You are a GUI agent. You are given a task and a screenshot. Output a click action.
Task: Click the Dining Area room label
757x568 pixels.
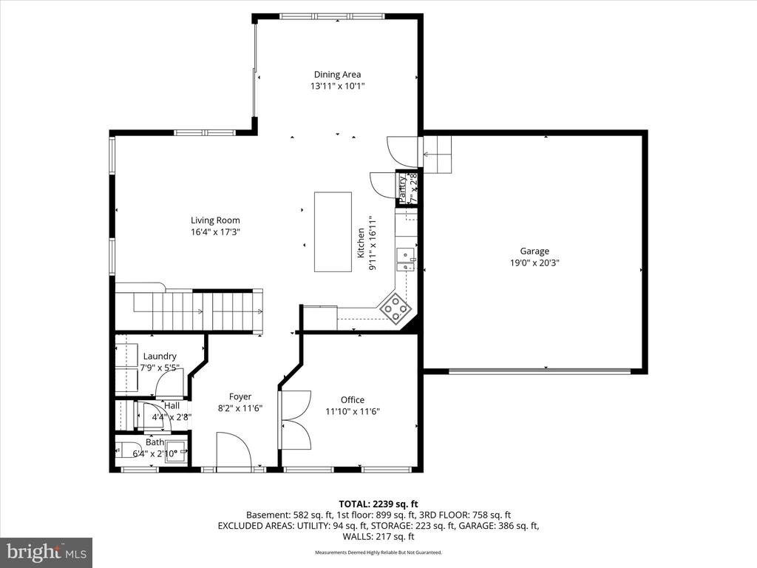[337, 74]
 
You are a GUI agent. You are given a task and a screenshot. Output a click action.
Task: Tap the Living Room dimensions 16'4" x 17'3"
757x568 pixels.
[215, 231]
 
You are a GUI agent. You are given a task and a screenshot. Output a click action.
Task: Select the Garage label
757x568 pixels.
[534, 251]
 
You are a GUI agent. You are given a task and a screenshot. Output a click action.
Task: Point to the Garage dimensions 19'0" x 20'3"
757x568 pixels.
[534, 263]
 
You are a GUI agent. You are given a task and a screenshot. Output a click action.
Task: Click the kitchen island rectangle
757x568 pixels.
[333, 232]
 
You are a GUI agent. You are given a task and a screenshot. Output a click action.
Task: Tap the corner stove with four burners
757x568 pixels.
[396, 308]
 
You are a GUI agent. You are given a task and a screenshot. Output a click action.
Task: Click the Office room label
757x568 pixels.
[353, 400]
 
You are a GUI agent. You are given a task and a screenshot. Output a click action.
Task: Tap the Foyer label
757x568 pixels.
[240, 396]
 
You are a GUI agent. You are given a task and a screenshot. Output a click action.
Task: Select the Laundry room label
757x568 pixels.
[160, 356]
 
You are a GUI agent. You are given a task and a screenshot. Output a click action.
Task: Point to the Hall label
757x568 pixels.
[172, 405]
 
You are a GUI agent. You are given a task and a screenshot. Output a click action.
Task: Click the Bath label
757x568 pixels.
[155, 442]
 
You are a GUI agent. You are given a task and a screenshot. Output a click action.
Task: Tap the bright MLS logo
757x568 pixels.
[46, 552]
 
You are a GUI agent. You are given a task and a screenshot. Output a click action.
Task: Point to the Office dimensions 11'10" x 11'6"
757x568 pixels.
[353, 412]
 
